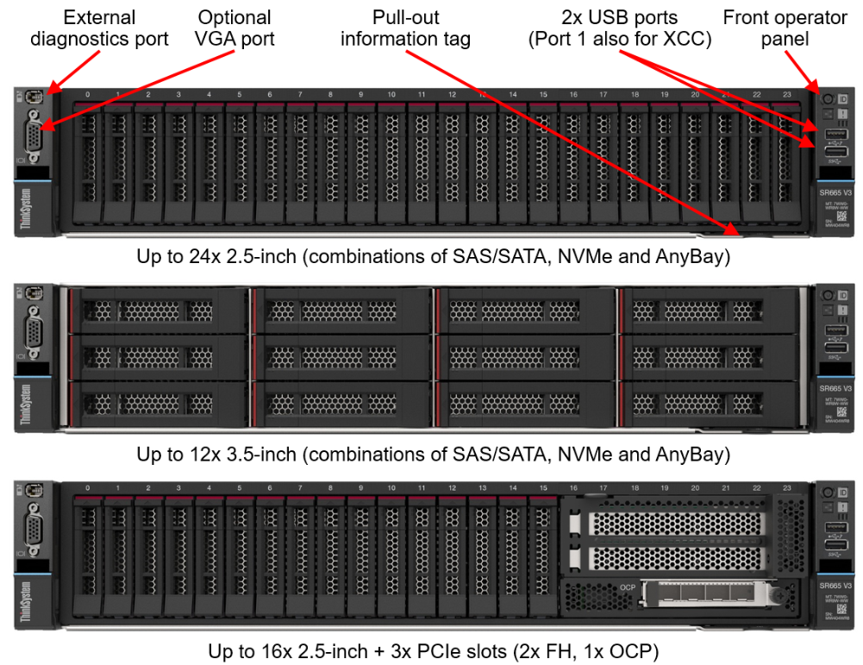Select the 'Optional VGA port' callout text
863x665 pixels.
pyautogui.click(x=234, y=28)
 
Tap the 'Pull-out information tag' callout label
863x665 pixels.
pyautogui.click(x=405, y=28)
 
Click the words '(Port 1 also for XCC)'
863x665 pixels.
pyautogui.click(x=620, y=39)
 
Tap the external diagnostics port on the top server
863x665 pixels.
pyautogui.click(x=32, y=97)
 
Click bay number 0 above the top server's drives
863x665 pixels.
pyautogui.click(x=87, y=95)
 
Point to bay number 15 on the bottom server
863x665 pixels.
pyautogui.click(x=542, y=489)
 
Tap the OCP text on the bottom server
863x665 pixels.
pyautogui.click(x=628, y=588)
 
